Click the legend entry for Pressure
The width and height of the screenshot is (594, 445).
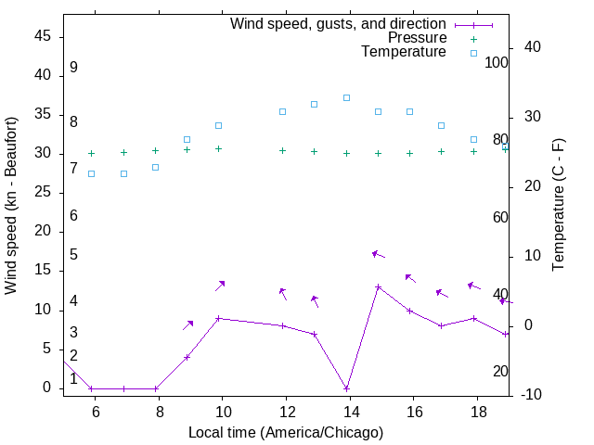[417, 38]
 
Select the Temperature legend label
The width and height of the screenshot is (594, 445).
[404, 52]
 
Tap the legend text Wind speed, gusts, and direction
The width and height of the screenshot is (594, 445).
[338, 24]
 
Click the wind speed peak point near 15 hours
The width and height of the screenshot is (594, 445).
[378, 287]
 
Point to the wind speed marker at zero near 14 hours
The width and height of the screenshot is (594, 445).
[346, 388]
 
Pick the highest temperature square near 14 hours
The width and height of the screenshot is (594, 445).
[346, 97]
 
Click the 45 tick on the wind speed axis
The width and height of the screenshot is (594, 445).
[45, 36]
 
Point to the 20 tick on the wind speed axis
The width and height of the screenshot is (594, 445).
[45, 232]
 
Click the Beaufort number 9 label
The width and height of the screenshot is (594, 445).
[73, 68]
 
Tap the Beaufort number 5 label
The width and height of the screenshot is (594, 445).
[73, 255]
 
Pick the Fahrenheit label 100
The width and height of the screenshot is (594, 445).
[497, 63]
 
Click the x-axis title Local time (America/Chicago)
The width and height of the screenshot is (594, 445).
[285, 432]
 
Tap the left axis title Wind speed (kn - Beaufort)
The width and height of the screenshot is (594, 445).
[11, 206]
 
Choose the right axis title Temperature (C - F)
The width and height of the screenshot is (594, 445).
[558, 206]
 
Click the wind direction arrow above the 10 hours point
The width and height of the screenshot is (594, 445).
[221, 286]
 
